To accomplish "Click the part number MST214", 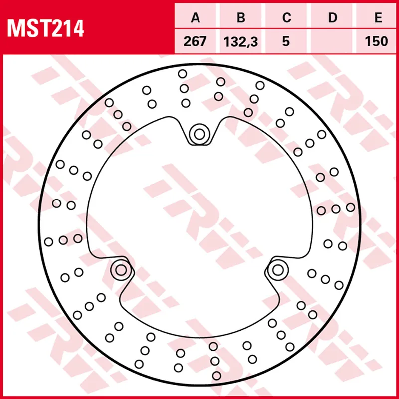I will tap(45, 28).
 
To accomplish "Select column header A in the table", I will tap(195, 18).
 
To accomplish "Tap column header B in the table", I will tap(241, 18).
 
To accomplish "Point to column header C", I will tap(286, 18).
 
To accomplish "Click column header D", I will tap(332, 18).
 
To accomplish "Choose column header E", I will tap(378, 18).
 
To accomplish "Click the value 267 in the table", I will tap(195, 41).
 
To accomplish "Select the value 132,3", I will tap(241, 41).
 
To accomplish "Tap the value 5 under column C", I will tap(286, 41).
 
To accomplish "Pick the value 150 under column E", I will tap(378, 41).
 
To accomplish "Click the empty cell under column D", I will tap(332, 41).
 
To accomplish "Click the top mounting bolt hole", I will tap(199, 134).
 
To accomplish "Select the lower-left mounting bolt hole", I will tap(121, 270).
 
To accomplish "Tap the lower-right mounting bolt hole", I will tap(278, 270).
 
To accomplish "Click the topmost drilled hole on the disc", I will tap(182, 74).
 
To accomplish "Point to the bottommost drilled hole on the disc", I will tap(216, 375).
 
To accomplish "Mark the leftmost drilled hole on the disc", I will tap(48, 242).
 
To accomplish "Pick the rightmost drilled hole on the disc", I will tap(351, 207).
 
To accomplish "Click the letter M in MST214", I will tap(15, 28).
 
